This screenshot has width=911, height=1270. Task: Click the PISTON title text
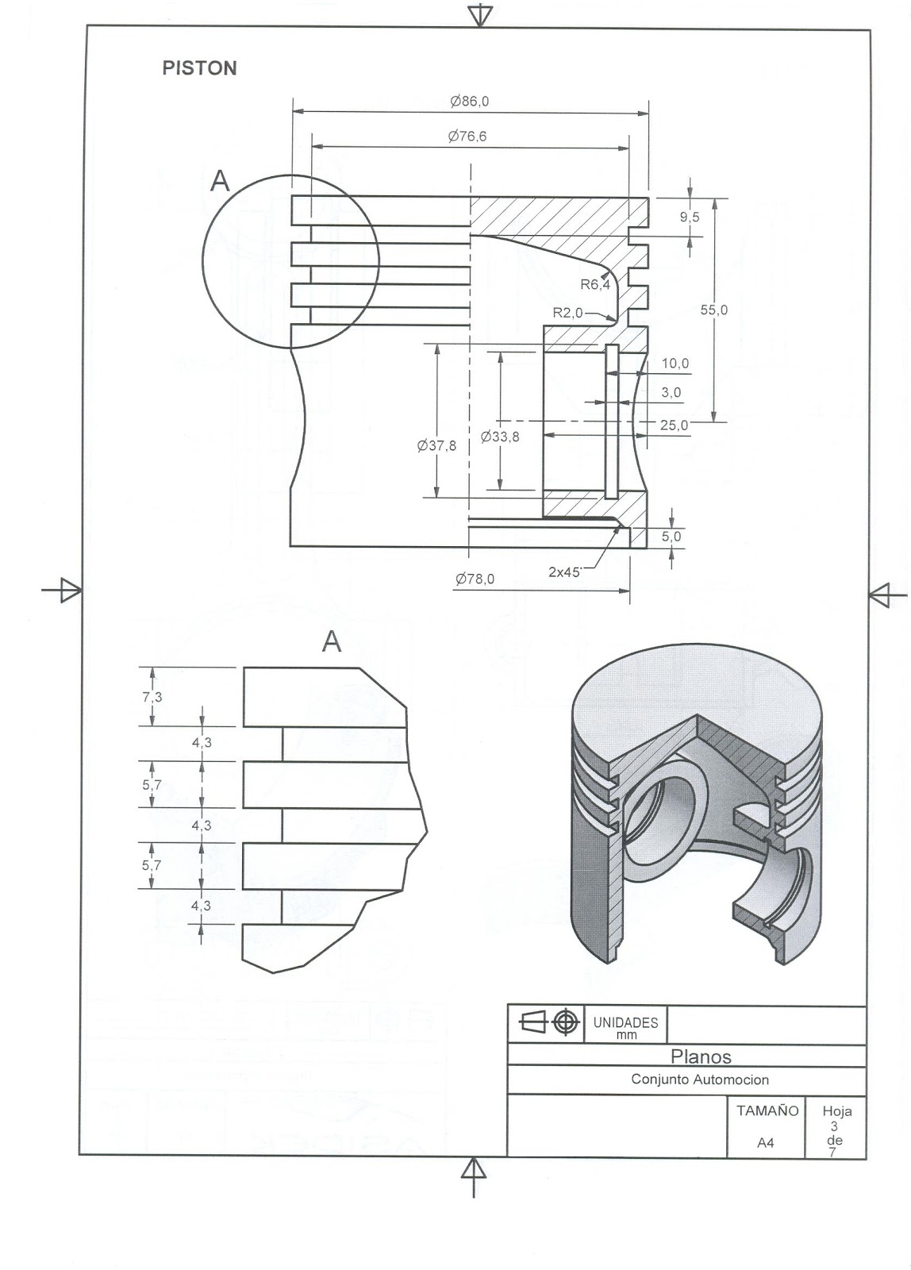(199, 68)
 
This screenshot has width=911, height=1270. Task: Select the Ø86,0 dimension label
(469, 102)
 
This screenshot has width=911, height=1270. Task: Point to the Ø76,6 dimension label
(467, 137)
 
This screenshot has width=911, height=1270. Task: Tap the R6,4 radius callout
(595, 284)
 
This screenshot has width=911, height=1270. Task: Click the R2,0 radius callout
(567, 313)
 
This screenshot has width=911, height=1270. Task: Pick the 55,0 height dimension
(713, 310)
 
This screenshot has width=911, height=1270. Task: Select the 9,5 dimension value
(690, 217)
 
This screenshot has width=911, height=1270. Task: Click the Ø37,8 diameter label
(436, 446)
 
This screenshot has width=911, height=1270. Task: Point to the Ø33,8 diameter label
(500, 437)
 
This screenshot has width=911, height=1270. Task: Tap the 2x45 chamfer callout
(565, 571)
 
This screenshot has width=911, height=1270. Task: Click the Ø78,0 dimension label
(475, 579)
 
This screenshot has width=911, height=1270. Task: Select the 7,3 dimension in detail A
(152, 697)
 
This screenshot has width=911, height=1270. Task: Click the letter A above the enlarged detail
(332, 641)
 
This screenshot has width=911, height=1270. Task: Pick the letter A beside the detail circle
(220, 182)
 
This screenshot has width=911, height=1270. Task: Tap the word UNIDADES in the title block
(626, 1022)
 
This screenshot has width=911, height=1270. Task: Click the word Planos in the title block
(701, 1056)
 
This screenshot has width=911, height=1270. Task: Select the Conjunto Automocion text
(700, 1079)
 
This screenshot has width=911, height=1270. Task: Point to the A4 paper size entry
(765, 1143)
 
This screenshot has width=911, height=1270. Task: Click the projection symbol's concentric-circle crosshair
(565, 1022)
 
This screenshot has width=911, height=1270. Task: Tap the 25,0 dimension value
(674, 425)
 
